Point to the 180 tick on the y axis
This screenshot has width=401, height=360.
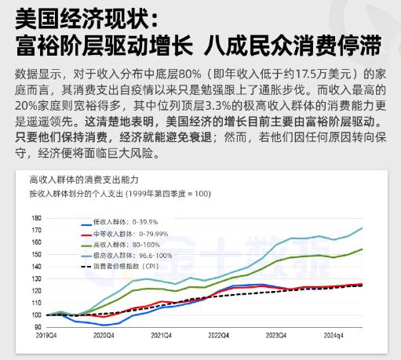[x=36, y=217]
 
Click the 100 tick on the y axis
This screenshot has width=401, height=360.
[x=36, y=315]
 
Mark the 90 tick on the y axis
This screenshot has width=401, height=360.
[x=38, y=327]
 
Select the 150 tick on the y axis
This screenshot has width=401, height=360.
[x=36, y=254]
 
